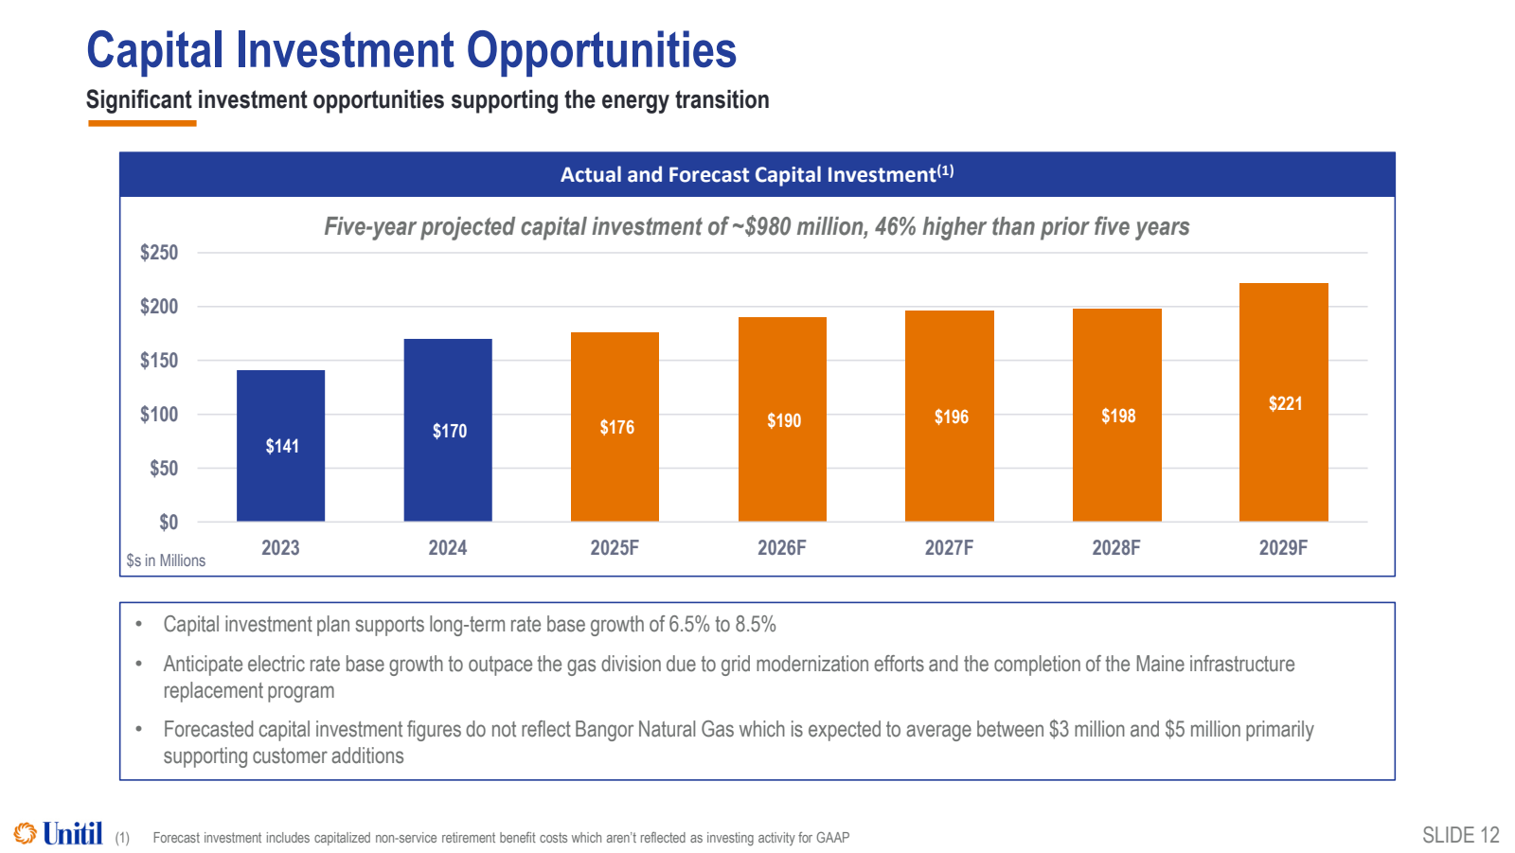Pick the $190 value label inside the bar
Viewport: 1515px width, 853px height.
pyautogui.click(x=784, y=421)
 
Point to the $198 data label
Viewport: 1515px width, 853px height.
pyautogui.click(x=1118, y=417)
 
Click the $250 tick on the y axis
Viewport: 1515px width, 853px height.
pyautogui.click(x=159, y=253)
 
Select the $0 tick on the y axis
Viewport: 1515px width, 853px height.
pyautogui.click(x=169, y=523)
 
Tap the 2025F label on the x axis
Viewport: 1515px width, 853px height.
pyautogui.click(x=615, y=548)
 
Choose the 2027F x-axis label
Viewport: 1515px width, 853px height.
pyautogui.click(x=949, y=548)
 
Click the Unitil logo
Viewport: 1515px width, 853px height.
pyautogui.click(x=59, y=834)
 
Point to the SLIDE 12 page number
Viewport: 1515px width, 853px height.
pyautogui.click(x=1460, y=835)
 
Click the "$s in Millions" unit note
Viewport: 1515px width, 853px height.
pyautogui.click(x=166, y=560)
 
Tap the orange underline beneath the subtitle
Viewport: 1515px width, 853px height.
pyautogui.click(x=142, y=123)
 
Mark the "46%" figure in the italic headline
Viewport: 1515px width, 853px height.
pyautogui.click(x=895, y=227)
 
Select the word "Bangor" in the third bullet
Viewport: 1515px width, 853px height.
pyautogui.click(x=603, y=730)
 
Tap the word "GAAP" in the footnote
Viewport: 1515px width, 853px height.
pyautogui.click(x=832, y=838)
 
